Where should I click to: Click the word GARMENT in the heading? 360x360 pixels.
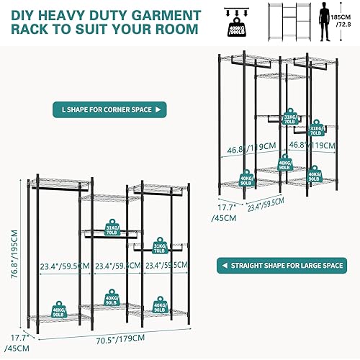(162, 14)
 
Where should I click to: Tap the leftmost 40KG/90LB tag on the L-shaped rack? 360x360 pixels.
(245, 179)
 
